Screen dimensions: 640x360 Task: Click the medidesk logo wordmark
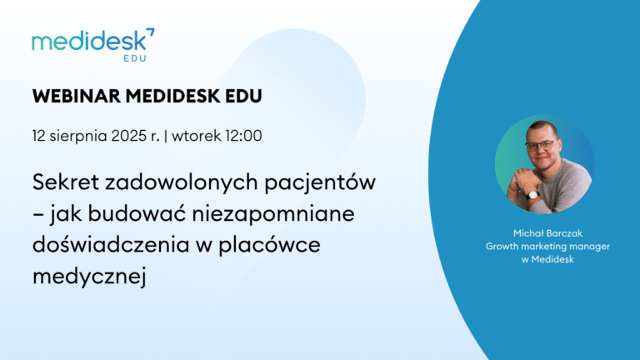[x=89, y=41]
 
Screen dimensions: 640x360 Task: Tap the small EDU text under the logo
[x=135, y=58]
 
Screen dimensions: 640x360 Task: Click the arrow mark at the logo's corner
[x=151, y=32]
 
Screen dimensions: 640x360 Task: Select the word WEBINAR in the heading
[x=77, y=97]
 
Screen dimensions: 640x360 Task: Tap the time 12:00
[x=243, y=136]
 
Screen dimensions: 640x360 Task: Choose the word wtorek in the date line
[x=197, y=137]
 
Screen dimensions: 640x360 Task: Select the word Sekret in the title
[x=66, y=182]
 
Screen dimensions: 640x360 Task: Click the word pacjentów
[x=320, y=182]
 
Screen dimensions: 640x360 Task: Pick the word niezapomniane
[x=273, y=214]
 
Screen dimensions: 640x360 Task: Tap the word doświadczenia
[x=109, y=244]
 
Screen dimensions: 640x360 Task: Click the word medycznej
[x=89, y=277]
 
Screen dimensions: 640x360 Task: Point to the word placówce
[x=270, y=245]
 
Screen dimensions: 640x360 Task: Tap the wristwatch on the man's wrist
[x=533, y=195]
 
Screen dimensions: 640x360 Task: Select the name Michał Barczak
[x=547, y=233]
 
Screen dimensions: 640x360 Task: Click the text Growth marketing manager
[x=547, y=247]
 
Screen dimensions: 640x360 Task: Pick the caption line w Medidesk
[x=547, y=259]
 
